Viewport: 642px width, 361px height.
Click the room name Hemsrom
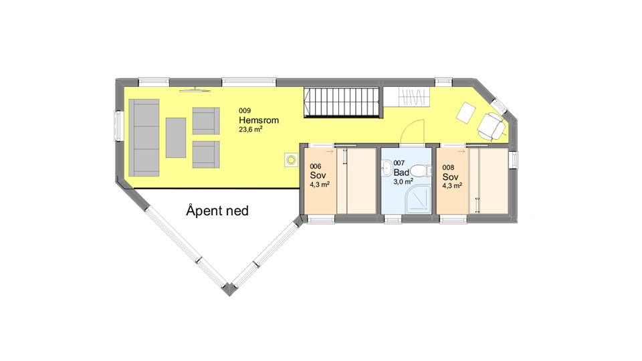259,120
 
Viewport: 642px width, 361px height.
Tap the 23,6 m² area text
251,129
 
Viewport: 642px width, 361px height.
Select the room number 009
245,110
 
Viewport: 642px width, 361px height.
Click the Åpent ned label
217,211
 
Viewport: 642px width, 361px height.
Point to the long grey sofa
144,138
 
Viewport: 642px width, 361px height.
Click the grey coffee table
176,138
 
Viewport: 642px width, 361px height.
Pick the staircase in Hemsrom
343,102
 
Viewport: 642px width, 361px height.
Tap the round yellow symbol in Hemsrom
291,160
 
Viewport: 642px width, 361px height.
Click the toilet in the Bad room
421,170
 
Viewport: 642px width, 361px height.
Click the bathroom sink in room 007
386,167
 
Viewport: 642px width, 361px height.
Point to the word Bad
401,172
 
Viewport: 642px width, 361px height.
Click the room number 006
316,166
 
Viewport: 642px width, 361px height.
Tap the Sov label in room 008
450,176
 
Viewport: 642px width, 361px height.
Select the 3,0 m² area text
403,181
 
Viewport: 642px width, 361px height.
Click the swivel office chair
492,126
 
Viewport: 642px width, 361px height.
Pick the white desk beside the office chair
466,112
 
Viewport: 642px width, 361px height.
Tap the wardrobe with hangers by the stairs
414,97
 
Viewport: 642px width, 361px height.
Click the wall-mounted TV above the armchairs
195,90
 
